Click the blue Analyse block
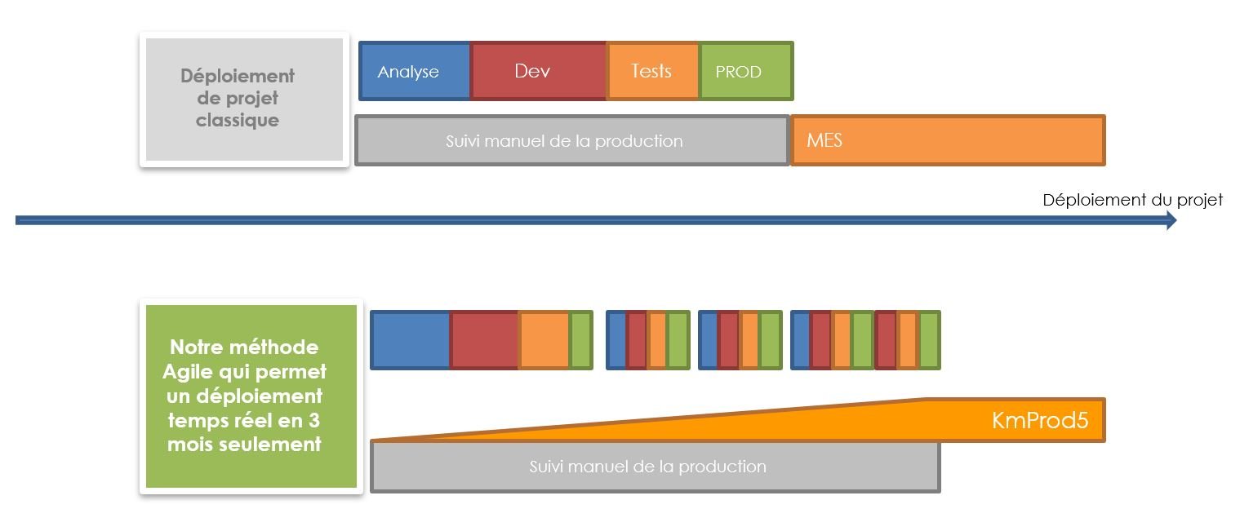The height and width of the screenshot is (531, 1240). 415,71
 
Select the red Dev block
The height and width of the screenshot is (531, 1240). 538,71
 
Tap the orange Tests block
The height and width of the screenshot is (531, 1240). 653,71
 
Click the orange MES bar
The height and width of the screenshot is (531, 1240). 948,140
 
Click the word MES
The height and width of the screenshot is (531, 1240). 824,140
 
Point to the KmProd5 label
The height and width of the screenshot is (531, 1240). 1040,420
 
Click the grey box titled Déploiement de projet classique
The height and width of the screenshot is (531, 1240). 244,100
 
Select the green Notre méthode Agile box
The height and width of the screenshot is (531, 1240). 251,396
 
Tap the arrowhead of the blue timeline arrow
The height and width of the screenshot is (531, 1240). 1171,220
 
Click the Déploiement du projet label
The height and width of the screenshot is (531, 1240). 1132,200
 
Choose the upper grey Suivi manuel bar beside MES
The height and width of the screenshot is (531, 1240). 572,140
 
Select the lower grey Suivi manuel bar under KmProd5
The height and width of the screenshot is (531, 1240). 656,467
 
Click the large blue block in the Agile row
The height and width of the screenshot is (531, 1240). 410,339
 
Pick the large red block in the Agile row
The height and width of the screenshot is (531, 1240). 484,339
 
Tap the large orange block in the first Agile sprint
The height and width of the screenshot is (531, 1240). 544,339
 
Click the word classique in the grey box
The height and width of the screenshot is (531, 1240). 238,120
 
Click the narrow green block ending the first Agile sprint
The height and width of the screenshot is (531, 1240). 581,339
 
